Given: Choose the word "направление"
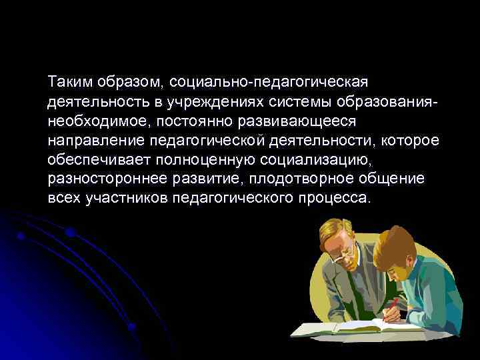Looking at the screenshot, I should coord(89,141).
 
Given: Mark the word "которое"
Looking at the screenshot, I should coord(413,141).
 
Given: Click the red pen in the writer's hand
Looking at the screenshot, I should coord(395,306).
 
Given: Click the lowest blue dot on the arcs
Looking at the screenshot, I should coord(133,327).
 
